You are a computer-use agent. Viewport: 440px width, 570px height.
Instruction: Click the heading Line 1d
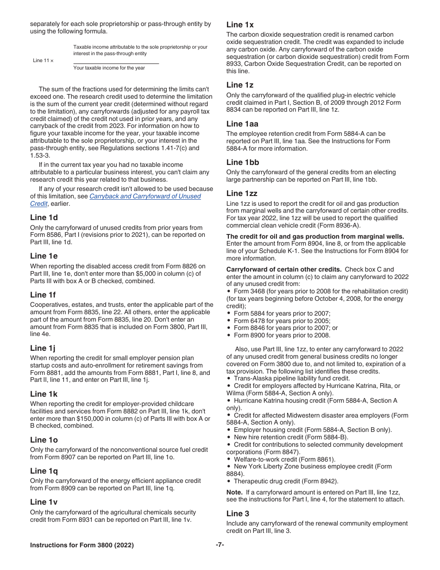click(44, 217)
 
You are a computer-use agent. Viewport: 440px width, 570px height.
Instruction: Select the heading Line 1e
click(44, 256)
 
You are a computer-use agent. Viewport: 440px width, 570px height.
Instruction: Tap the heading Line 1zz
click(242, 193)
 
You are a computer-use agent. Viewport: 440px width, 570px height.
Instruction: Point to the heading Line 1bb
click(243, 162)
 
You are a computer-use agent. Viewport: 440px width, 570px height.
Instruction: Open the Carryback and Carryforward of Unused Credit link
click(145, 196)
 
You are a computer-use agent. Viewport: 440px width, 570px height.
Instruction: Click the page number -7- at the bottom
click(220, 545)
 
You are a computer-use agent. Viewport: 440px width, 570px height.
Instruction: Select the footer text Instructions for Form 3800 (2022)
click(82, 545)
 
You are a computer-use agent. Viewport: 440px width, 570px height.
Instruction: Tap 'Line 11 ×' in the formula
click(43, 61)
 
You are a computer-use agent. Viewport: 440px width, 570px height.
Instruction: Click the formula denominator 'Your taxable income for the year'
click(109, 68)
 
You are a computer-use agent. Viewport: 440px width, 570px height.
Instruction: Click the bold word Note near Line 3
click(234, 492)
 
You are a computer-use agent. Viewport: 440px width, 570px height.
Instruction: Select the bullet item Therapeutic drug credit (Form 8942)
click(286, 481)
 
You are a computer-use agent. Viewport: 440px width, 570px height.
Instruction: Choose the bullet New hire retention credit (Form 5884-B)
click(291, 437)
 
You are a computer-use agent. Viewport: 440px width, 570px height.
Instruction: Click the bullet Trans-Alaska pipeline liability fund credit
click(292, 378)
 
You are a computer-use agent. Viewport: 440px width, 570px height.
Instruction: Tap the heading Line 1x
click(240, 25)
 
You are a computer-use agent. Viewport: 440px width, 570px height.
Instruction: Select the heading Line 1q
click(44, 471)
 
